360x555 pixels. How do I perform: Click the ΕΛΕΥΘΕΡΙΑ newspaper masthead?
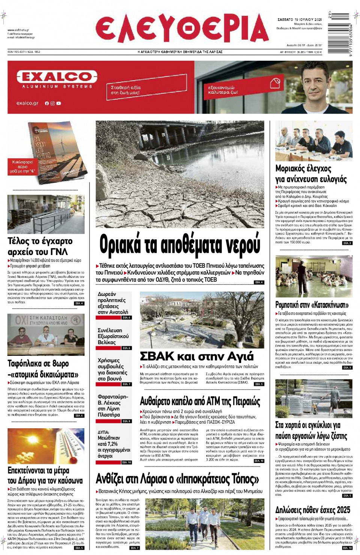click(182, 30)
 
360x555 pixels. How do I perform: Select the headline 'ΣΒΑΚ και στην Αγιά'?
click(196, 356)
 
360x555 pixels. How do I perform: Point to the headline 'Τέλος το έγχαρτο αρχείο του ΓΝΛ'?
click(40, 246)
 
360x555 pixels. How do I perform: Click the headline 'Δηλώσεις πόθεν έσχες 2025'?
click(312, 510)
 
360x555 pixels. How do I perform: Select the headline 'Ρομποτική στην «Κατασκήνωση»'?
click(312, 304)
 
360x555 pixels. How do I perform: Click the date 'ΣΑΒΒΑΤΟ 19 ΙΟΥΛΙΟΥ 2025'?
click(299, 19)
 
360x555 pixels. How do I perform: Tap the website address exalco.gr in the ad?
click(27, 103)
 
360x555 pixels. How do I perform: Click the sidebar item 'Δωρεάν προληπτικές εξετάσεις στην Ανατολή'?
click(113, 303)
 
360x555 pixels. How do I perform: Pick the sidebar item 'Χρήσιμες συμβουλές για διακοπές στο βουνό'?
click(112, 369)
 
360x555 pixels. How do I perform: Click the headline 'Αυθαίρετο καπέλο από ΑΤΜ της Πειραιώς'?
click(200, 401)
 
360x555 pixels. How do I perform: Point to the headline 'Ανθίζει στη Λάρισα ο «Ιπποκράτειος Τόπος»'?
click(177, 479)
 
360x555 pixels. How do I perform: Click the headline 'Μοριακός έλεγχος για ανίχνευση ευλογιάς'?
click(311, 174)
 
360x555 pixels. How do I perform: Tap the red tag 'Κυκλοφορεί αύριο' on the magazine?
click(22, 167)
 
